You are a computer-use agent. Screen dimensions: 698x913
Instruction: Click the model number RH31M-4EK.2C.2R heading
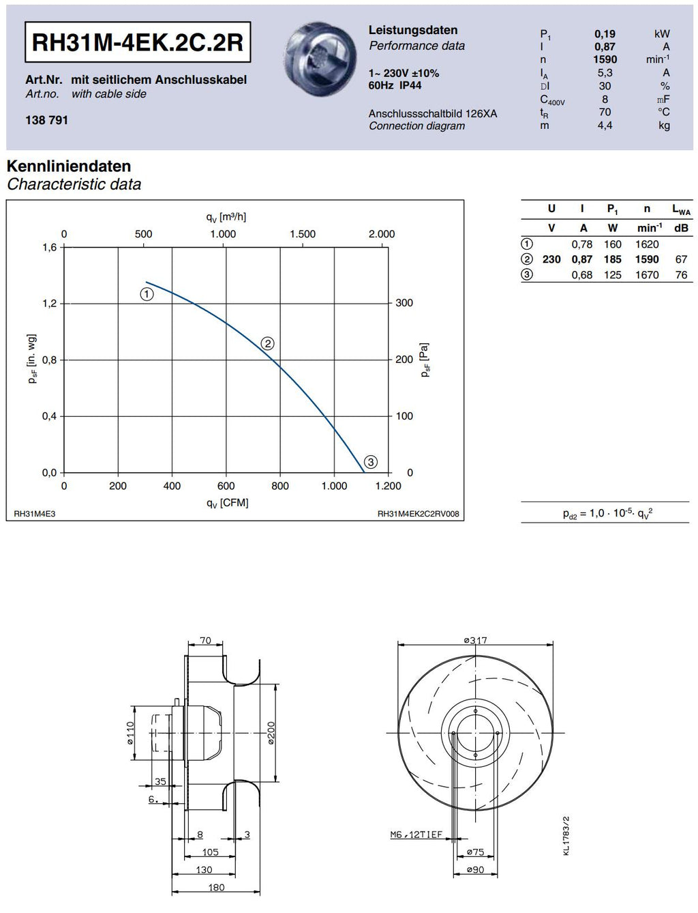click(x=138, y=42)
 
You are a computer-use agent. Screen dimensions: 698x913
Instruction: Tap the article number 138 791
click(x=46, y=120)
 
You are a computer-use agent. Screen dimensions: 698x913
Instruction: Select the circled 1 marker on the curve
click(x=147, y=295)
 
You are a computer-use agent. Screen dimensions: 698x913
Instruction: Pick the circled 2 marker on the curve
click(x=268, y=344)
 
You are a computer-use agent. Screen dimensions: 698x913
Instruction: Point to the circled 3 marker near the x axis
click(x=371, y=462)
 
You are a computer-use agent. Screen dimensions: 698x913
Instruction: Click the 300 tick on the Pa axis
click(x=404, y=303)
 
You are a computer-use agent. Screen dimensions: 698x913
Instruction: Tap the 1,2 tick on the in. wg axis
click(x=50, y=304)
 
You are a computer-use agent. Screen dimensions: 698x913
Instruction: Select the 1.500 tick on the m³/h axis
click(x=303, y=234)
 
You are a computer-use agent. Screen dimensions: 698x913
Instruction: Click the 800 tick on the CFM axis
click(x=280, y=486)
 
